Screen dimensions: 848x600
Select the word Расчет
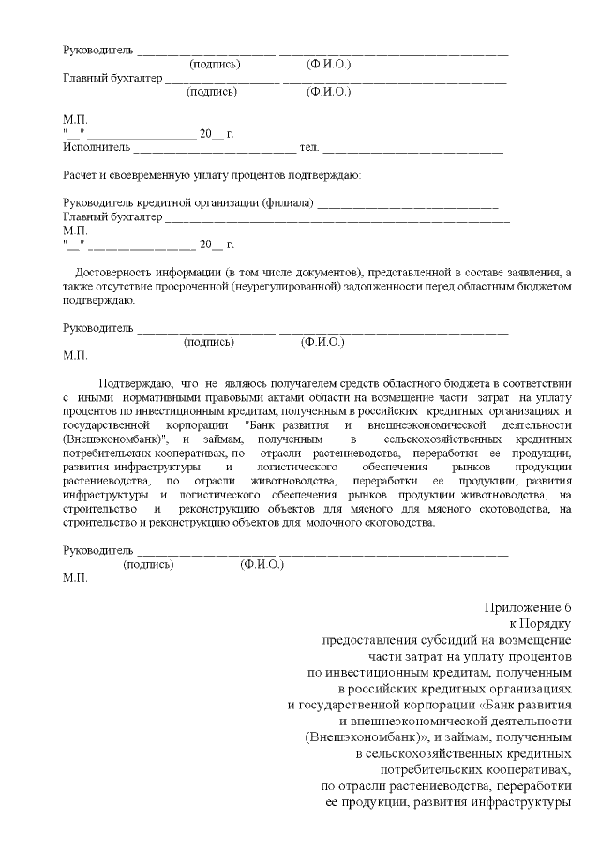82,175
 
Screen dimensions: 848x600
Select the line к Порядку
539,622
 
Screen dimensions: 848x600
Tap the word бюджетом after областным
543,286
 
